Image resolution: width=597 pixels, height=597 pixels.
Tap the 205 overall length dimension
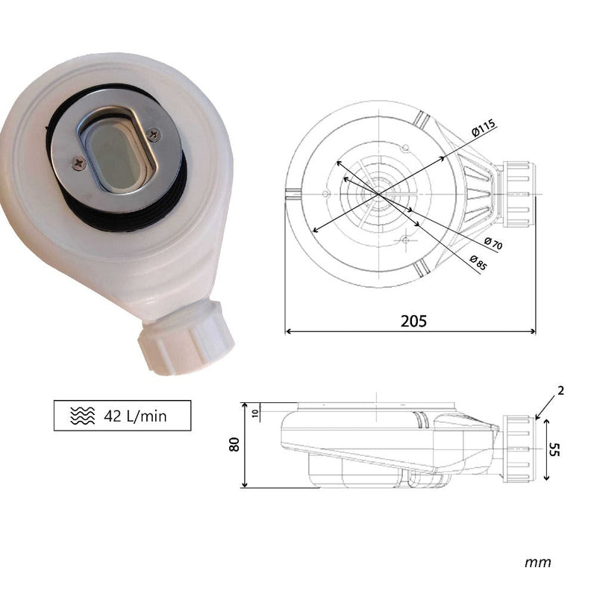413,321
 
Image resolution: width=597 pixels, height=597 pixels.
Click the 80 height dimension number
235,444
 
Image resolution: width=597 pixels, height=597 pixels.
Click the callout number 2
560,390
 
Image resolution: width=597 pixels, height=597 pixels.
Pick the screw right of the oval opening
154,134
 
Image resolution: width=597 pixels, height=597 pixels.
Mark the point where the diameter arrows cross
378,193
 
